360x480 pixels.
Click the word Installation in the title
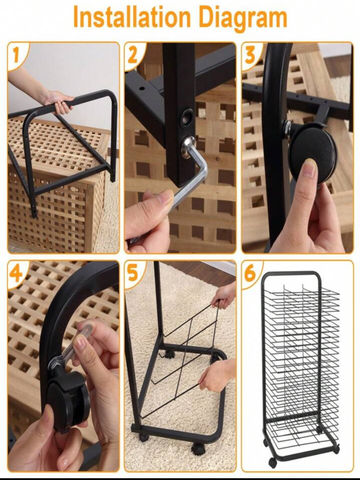(132, 17)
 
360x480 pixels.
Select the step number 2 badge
(132, 55)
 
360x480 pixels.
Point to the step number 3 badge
(250, 55)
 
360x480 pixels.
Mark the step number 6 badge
(250, 274)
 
